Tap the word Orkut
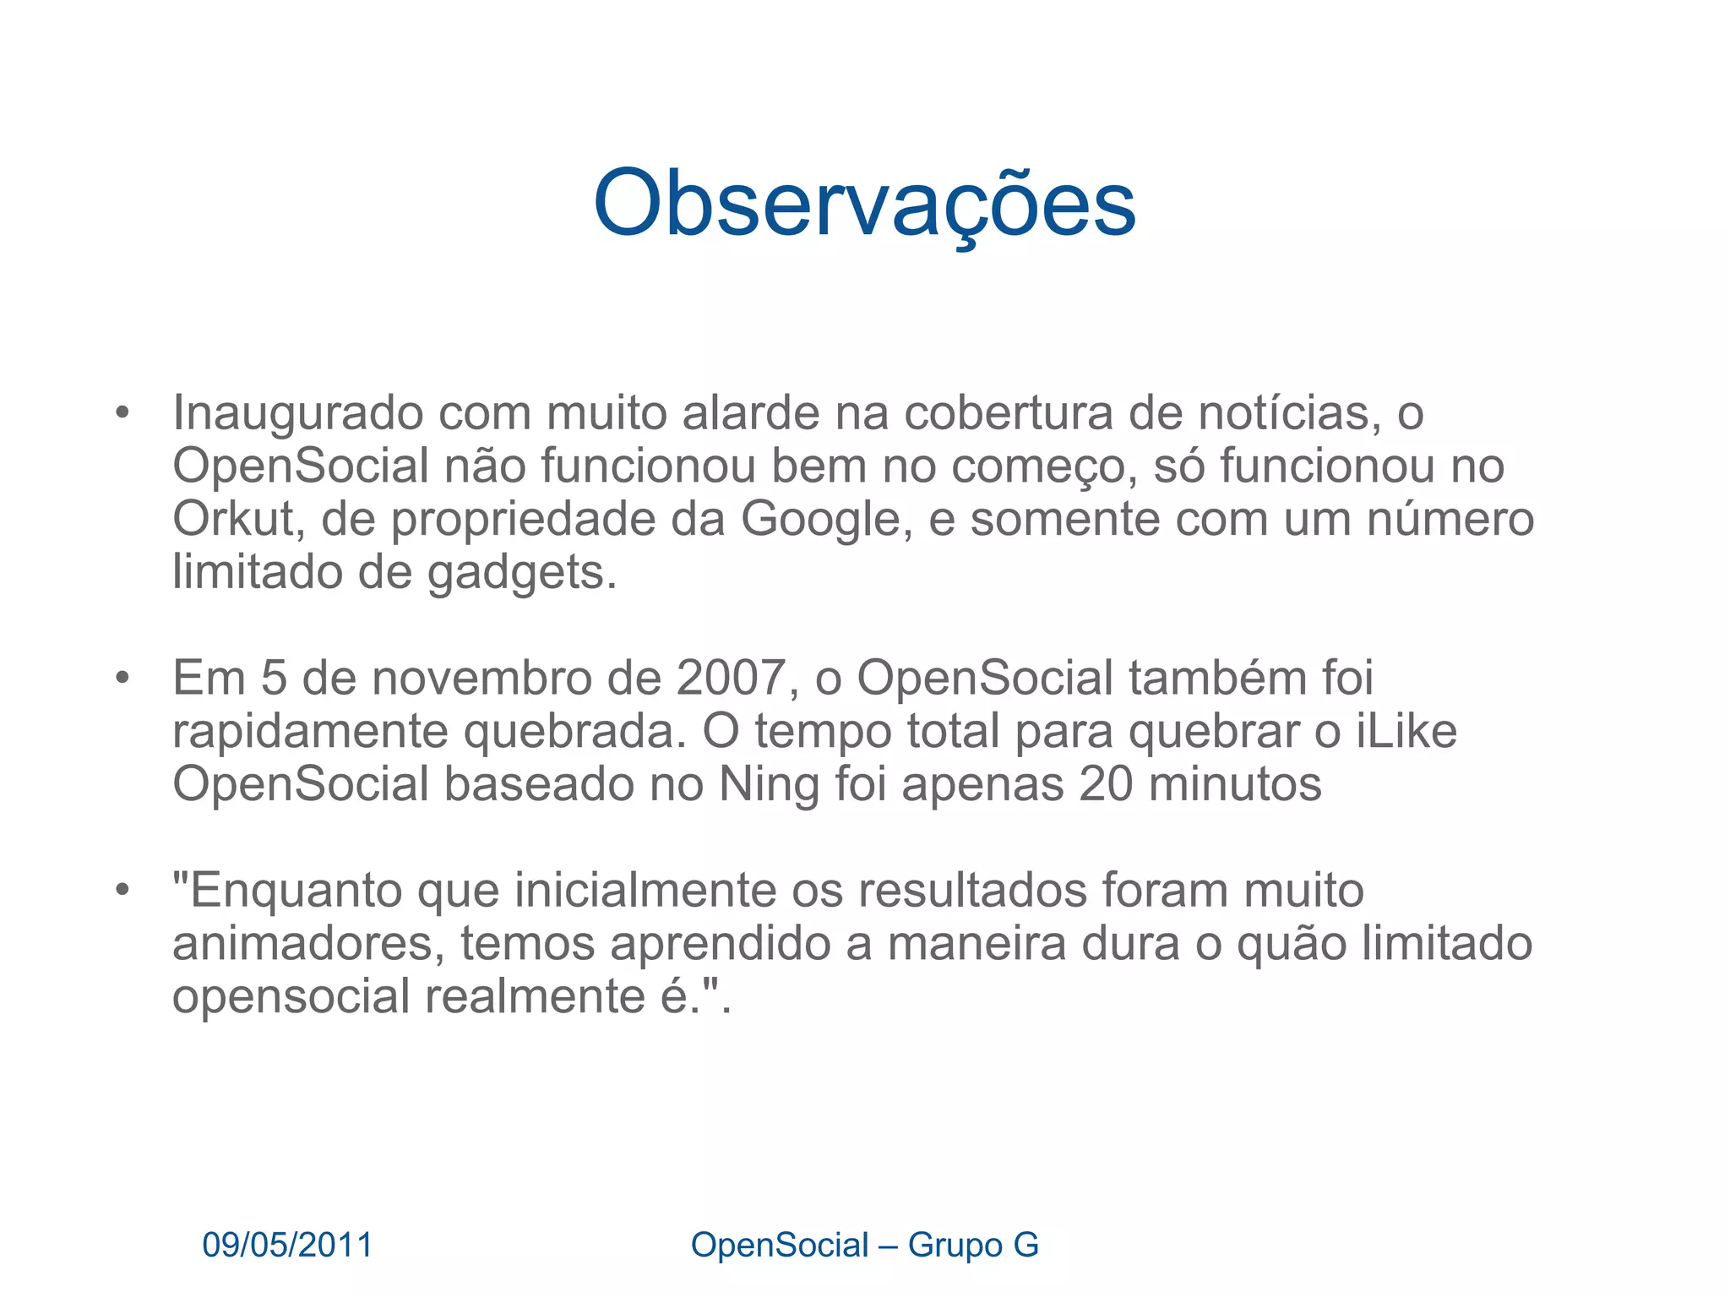click(x=233, y=519)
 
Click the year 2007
click(x=731, y=679)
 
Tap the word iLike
click(x=1406, y=732)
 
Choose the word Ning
click(x=769, y=785)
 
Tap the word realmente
click(x=534, y=997)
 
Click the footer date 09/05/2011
click(x=287, y=1246)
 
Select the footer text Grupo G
click(x=973, y=1246)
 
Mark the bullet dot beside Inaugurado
click(x=123, y=414)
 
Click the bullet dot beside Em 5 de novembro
click(x=123, y=679)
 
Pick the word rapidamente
click(x=310, y=732)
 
